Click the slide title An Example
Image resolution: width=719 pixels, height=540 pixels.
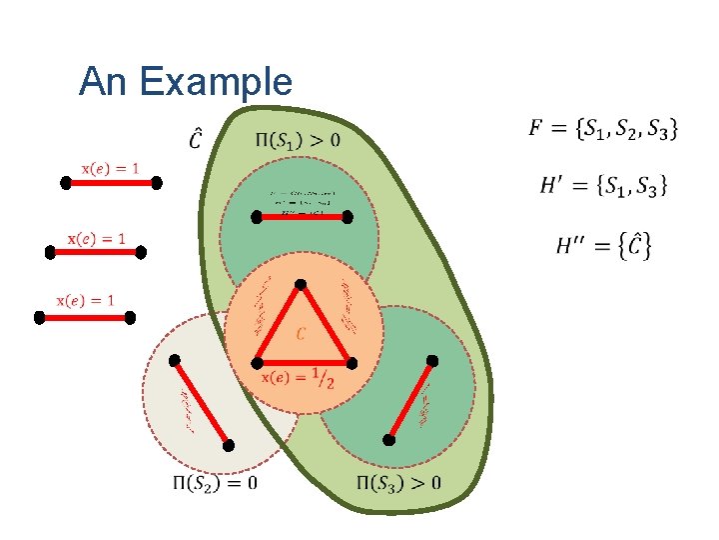pos(186,81)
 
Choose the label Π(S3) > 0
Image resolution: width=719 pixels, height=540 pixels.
pos(398,484)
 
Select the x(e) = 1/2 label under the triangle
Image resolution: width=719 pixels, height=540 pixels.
pos(305,377)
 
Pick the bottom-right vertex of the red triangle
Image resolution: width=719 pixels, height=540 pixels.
pos(351,361)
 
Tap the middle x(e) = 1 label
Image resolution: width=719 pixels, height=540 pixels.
pos(97,238)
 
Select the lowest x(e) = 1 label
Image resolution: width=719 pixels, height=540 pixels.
pos(85,300)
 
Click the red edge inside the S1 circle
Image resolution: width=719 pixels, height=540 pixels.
pos(304,215)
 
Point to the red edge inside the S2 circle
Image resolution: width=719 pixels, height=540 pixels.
pos(201,402)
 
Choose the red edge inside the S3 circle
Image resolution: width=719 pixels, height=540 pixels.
pos(410,400)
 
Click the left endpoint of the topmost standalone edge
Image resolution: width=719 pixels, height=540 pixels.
pos(65,184)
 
